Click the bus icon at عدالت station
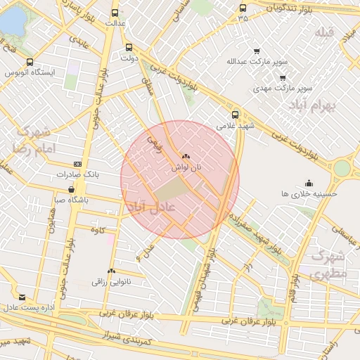pos(115,13)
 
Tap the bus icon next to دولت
pos(128,48)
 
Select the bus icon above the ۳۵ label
pos(243,8)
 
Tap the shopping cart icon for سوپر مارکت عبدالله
pos(256,51)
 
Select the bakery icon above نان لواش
pos(186,157)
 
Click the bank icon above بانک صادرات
pos(77,164)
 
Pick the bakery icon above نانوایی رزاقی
pos(111,271)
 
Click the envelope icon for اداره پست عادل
pos(23,297)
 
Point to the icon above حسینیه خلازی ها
pos(309,183)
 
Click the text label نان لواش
pos(186,168)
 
